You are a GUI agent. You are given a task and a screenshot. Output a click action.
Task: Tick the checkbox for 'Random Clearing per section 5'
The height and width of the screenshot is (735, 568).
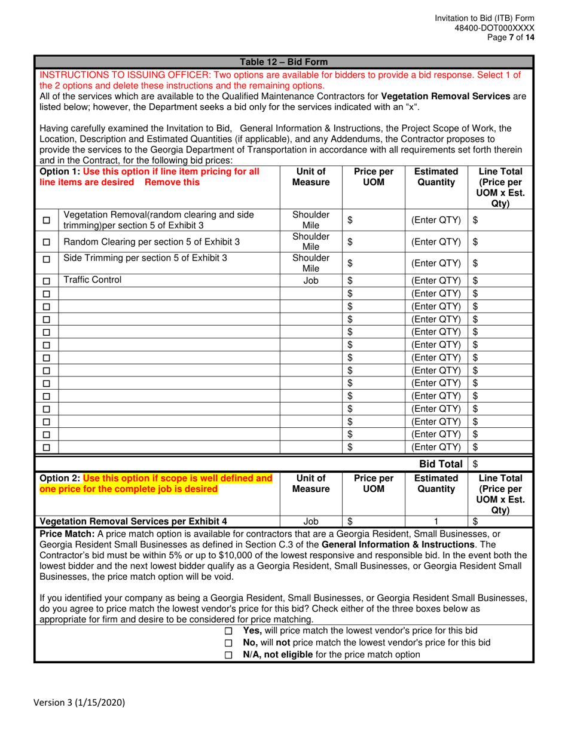click(47, 243)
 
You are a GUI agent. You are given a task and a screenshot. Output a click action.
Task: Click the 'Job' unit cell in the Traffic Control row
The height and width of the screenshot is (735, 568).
click(310, 280)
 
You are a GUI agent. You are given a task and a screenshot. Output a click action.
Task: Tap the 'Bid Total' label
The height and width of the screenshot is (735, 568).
click(440, 463)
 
